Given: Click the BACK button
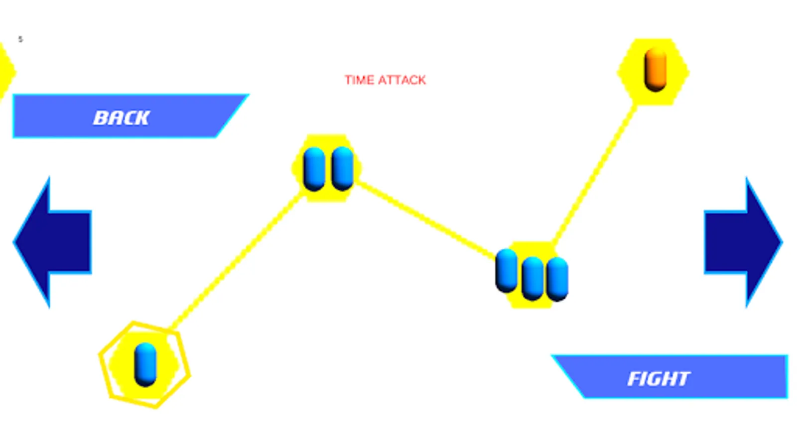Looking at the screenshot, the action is pos(131,116).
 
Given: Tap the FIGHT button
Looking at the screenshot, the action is pos(669,376).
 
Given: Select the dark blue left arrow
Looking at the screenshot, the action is pos(52,242).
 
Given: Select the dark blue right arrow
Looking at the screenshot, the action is pos(744,242).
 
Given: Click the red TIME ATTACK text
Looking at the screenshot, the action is pos(386,80).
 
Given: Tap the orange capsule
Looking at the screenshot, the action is pos(656,69).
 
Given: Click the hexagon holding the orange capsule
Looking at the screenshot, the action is pos(653,72).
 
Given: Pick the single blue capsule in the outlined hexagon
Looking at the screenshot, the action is pos(145,364).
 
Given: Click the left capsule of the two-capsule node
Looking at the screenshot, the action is pos(314,169).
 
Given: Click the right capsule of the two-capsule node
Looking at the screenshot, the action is pos(342,168).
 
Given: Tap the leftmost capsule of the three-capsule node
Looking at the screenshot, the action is pos(506,271).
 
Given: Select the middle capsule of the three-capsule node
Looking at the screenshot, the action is pos(532,279).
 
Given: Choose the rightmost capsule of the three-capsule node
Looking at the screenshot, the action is pos(557,279).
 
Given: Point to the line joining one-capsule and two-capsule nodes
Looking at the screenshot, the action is pos(236,260).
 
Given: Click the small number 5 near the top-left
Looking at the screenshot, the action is pos(20,39).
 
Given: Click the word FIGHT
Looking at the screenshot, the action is pos(659,379).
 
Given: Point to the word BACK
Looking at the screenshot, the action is pos(122,117).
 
